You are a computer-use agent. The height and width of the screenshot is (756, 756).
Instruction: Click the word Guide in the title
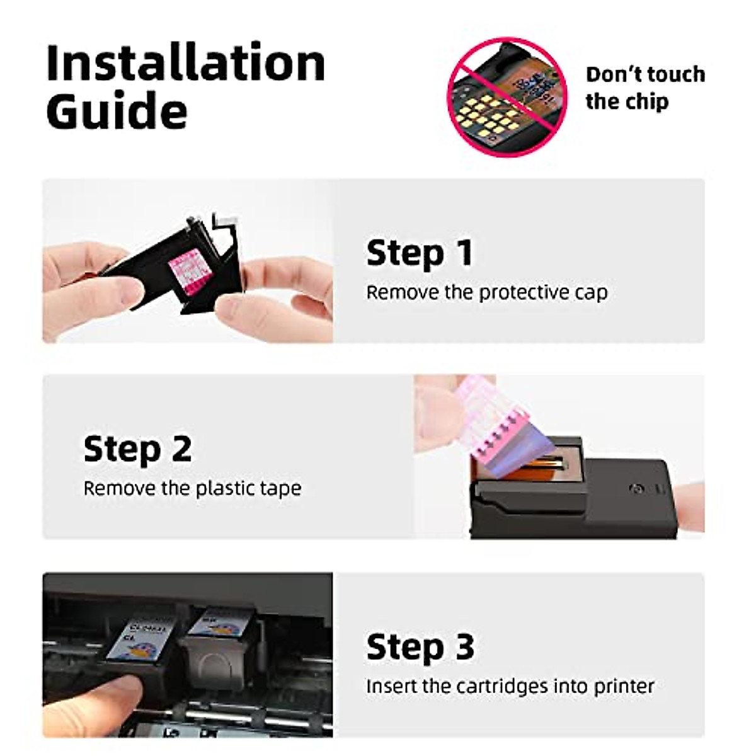coord(117,112)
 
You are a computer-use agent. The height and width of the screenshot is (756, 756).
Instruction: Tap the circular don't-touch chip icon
coord(508,96)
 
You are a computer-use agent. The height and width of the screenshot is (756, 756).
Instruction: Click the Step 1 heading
coord(419,253)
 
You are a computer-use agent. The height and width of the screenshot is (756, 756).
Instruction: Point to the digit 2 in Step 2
coord(181,449)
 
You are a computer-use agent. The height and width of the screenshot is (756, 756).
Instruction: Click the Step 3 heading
coord(420,647)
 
